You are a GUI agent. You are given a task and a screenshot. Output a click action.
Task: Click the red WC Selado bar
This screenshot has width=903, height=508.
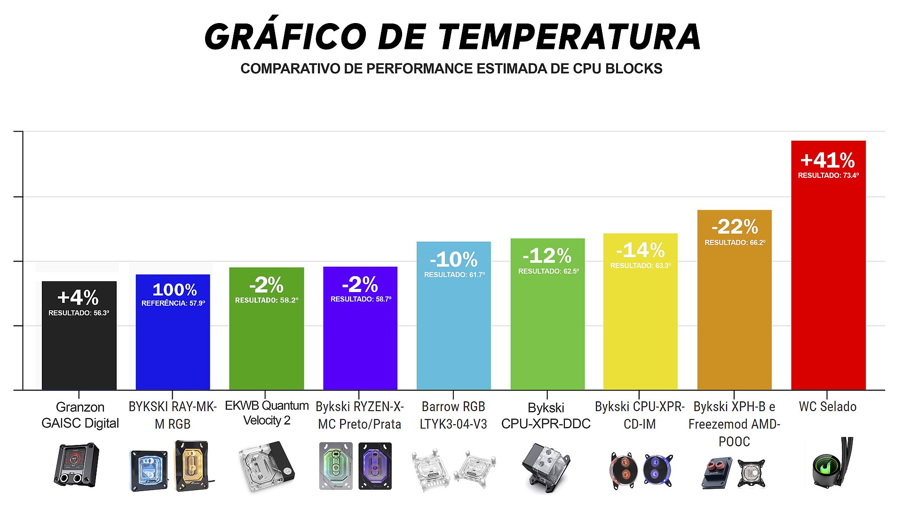(828, 282)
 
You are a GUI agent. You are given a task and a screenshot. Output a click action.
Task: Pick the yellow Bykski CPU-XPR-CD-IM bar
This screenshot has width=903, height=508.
(640, 329)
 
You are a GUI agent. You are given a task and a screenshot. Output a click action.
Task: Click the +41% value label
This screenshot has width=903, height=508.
(828, 160)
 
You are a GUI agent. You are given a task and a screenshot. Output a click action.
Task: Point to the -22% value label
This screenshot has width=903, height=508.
(735, 227)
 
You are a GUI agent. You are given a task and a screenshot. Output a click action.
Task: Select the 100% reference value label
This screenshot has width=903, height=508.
(174, 289)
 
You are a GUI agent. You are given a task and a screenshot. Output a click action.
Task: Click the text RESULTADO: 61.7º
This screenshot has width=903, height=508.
(454, 275)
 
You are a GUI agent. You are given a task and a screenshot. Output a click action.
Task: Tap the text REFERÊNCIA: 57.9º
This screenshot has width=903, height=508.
(173, 303)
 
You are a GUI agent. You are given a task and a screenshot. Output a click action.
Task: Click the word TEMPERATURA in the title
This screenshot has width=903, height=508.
(570, 37)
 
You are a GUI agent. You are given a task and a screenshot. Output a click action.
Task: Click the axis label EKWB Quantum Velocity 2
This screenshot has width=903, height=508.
(267, 413)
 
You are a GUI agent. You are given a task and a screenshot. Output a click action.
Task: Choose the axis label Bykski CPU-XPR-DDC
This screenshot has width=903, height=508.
(546, 415)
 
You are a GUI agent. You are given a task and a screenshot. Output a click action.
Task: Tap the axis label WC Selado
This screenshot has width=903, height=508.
(828, 406)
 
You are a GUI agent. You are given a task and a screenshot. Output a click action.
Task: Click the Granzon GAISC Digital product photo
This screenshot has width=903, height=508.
(76, 464)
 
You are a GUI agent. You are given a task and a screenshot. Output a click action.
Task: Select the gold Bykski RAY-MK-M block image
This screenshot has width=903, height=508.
(191, 466)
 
